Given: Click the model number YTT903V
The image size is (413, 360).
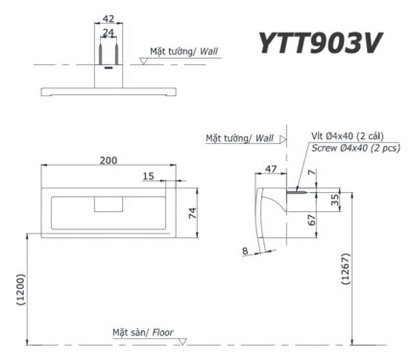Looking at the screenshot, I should pos(326,43).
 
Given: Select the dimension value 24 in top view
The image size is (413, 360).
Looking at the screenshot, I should pos(108,32).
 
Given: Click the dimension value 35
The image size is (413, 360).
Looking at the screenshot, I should pos(333,201).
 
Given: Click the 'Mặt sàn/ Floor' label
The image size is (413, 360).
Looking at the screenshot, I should pos(144,331).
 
